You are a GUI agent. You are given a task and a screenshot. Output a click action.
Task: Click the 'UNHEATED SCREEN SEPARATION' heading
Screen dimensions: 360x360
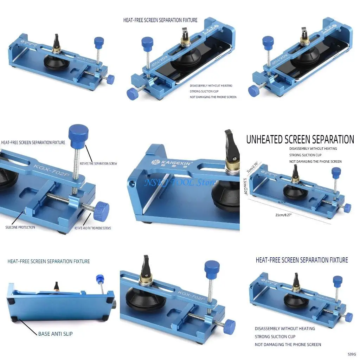pyautogui.click(x=300, y=140)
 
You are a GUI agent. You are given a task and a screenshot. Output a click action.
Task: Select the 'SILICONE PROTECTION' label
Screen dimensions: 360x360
pyautogui.click(x=20, y=227)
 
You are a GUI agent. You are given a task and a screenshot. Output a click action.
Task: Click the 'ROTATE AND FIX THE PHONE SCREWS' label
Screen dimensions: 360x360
pyautogui.click(x=92, y=228)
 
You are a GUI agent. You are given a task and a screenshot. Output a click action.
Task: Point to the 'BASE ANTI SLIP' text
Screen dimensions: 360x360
pyautogui.click(x=55, y=333)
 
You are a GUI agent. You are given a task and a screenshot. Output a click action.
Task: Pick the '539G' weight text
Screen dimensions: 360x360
pyautogui.click(x=352, y=354)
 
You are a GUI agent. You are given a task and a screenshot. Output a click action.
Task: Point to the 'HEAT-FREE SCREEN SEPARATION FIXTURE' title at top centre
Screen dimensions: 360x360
pyautogui.click(x=160, y=20)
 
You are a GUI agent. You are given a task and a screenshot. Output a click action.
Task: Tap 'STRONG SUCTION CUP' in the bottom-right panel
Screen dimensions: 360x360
pyautogui.click(x=275, y=336)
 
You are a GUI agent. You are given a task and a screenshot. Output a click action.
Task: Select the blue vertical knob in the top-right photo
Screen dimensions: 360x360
pyautogui.click(x=268, y=43)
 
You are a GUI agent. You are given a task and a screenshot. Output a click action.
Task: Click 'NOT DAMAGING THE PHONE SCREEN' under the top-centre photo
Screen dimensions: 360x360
pyautogui.click(x=213, y=97)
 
